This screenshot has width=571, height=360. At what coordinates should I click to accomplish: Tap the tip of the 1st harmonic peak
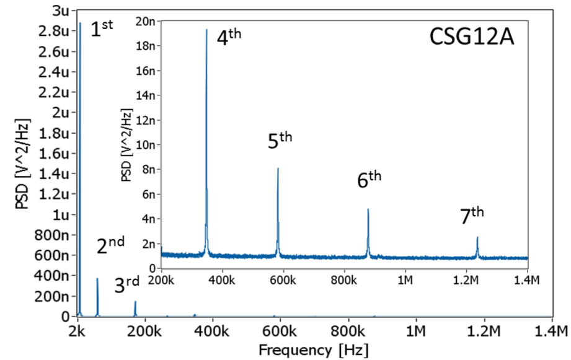(x=80, y=24)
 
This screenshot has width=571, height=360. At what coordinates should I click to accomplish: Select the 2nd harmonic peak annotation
(x=110, y=246)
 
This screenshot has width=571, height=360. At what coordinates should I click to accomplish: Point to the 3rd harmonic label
(x=128, y=284)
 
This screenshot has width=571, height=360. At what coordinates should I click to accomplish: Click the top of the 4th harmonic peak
(x=206, y=29)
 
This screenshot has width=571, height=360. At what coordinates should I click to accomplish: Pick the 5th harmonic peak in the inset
(x=278, y=169)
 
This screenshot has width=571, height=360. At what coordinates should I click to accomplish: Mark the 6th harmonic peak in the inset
(x=368, y=209)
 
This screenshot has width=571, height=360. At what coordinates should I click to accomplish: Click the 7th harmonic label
(x=472, y=216)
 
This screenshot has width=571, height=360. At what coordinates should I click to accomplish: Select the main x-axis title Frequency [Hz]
(x=313, y=349)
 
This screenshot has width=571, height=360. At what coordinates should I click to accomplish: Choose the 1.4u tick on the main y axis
(x=54, y=173)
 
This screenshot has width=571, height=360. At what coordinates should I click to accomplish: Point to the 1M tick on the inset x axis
(x=405, y=279)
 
